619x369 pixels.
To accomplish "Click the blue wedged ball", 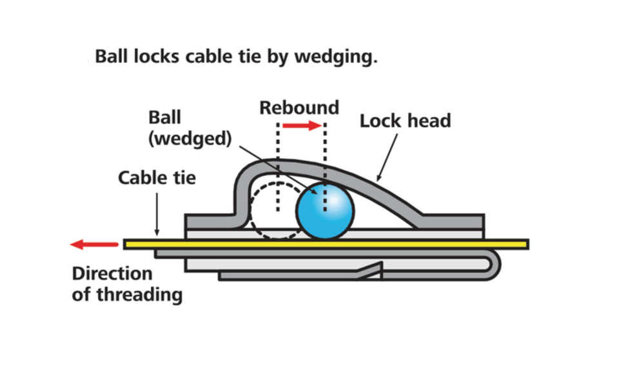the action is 325,210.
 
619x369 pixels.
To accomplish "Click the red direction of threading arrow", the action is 94,244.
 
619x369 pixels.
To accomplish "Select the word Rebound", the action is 299,108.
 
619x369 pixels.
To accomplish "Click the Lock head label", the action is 405,121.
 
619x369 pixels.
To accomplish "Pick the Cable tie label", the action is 157,177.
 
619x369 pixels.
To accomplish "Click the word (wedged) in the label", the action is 190,138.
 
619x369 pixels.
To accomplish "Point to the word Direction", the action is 112,273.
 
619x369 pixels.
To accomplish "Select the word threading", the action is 139,295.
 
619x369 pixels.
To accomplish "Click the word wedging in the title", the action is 336,57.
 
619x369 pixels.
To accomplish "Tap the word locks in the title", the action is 156,56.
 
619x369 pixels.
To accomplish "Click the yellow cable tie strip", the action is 326,244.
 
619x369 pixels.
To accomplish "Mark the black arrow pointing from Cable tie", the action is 157,214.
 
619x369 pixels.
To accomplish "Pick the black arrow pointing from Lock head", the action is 388,157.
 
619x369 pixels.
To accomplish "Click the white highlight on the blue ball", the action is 335,202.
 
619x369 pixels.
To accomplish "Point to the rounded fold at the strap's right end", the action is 495,264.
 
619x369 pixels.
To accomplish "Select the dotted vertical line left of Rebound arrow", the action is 279,166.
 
